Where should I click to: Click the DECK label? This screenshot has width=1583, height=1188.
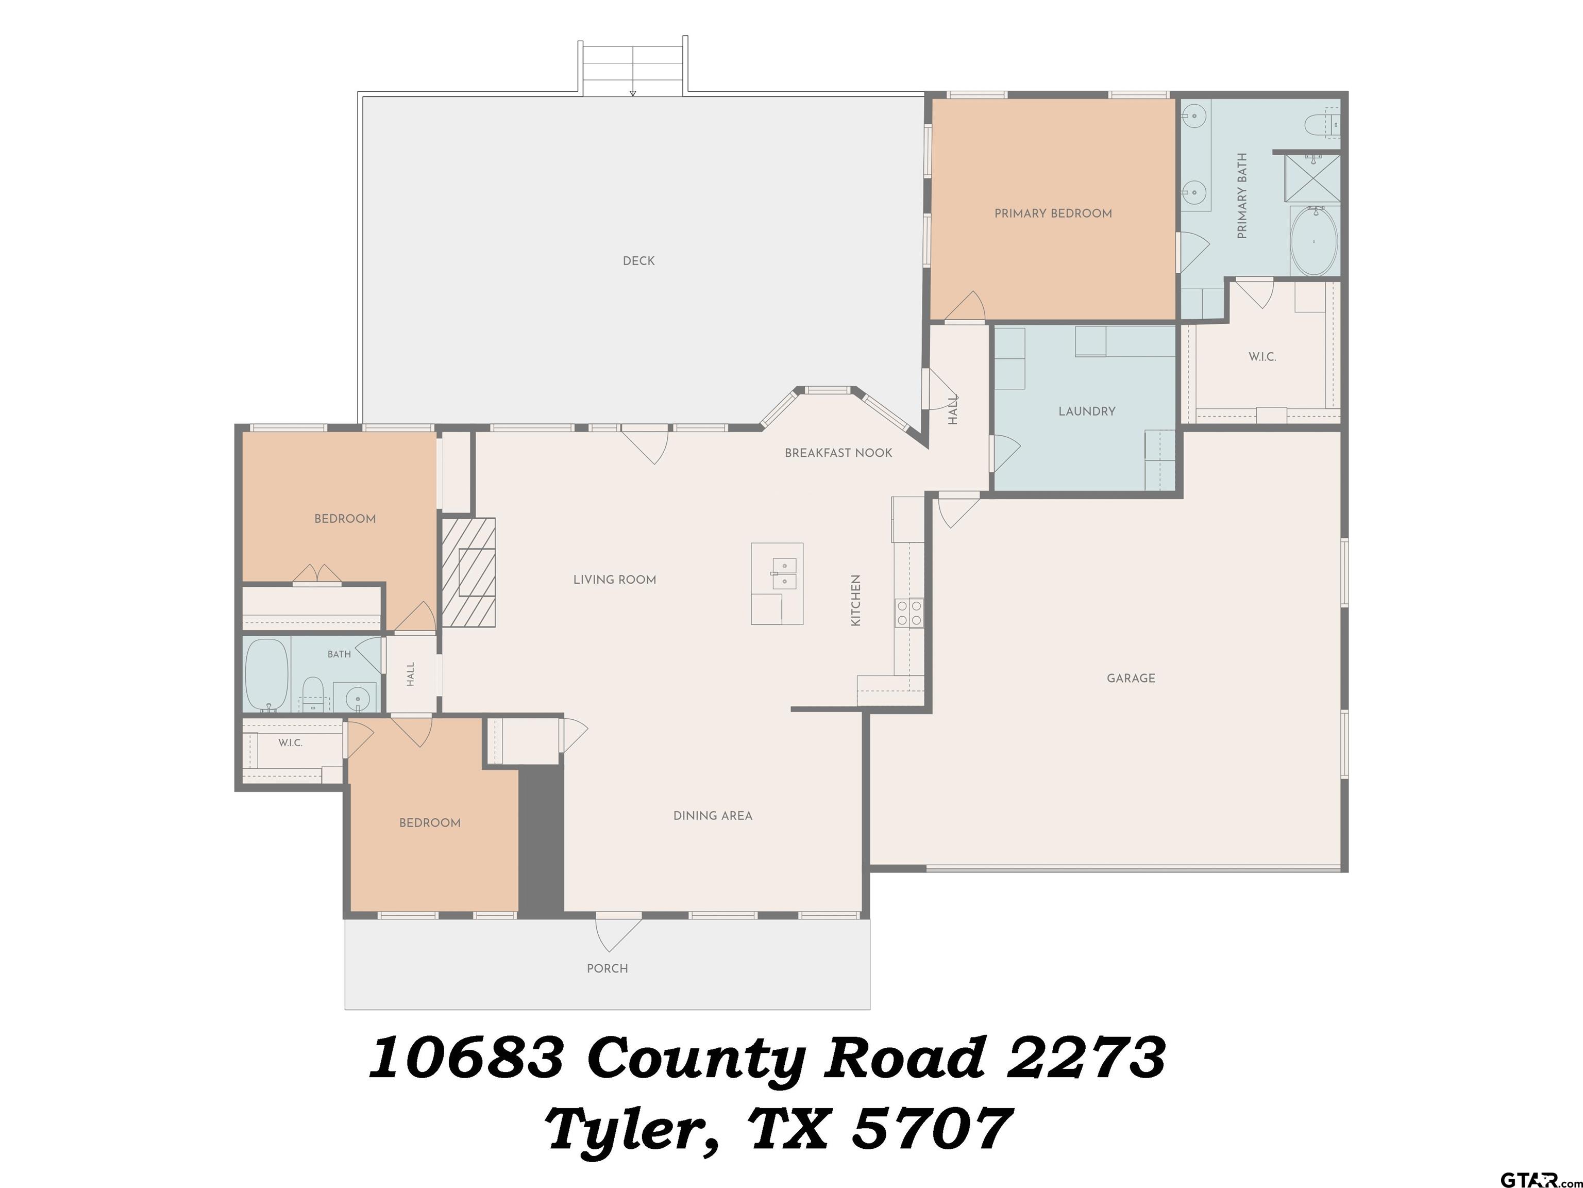pyautogui.click(x=638, y=261)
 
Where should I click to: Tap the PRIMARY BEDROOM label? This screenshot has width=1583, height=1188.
pyautogui.click(x=1053, y=213)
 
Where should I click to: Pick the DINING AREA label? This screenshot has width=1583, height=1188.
pyautogui.click(x=713, y=816)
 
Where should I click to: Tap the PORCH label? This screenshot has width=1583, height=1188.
pyautogui.click(x=608, y=969)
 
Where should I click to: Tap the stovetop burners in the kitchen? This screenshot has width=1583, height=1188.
pyautogui.click(x=909, y=614)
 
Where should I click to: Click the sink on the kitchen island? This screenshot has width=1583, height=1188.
pyautogui.click(x=784, y=575)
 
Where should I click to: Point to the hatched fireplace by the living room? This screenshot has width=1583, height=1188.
pyautogui.click(x=468, y=572)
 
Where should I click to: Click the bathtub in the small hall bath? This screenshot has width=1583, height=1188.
pyautogui.click(x=267, y=674)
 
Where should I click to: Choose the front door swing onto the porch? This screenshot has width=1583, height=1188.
pyautogui.click(x=618, y=934)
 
